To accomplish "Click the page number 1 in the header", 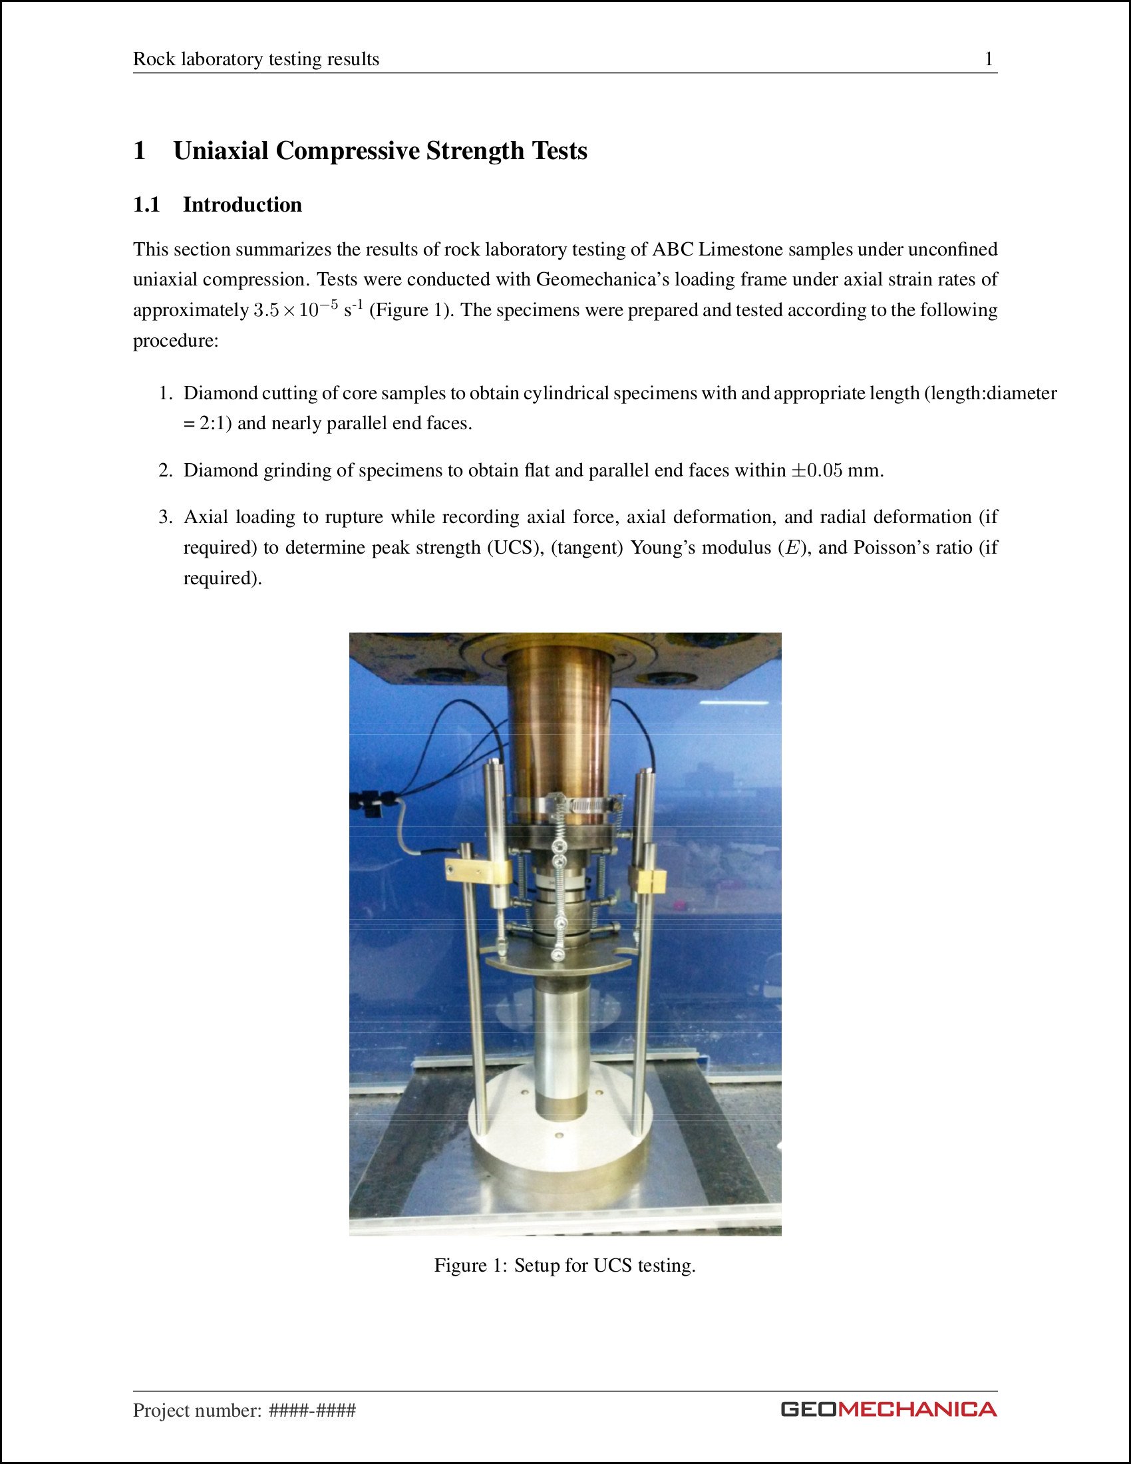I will tap(987, 59).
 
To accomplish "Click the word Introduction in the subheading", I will tap(242, 204).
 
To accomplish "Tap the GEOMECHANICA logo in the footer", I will tap(888, 1409).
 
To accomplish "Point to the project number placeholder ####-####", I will tap(311, 1410).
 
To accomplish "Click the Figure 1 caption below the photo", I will tap(565, 1265).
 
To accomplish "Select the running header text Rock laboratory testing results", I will tap(256, 59).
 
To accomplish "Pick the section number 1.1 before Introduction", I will tap(146, 204).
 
